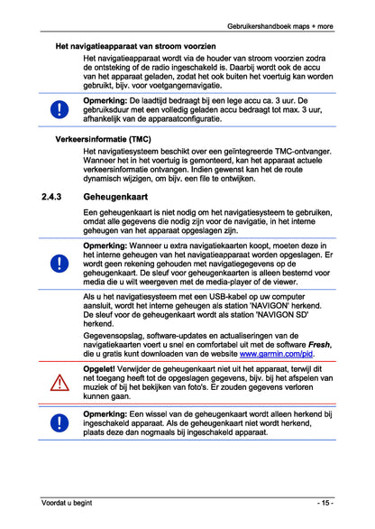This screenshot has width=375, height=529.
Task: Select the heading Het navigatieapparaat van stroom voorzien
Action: tap(135, 44)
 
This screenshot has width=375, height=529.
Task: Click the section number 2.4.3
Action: tap(53, 195)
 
